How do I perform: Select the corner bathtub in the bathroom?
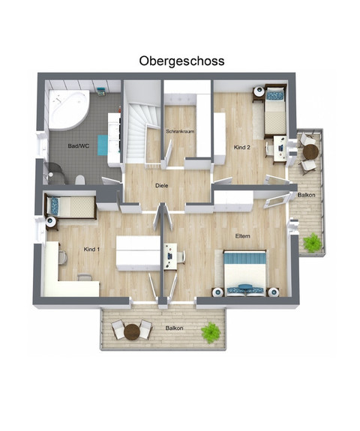(67, 111)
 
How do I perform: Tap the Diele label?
(161, 184)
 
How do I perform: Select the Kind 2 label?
(241, 146)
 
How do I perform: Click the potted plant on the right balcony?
(310, 242)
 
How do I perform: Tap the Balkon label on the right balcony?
(305, 194)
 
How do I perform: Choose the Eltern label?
(241, 236)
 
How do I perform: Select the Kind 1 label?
(91, 248)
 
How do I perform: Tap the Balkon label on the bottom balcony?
(174, 328)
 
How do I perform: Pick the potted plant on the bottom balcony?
(211, 331)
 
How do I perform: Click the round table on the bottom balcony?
(132, 329)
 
